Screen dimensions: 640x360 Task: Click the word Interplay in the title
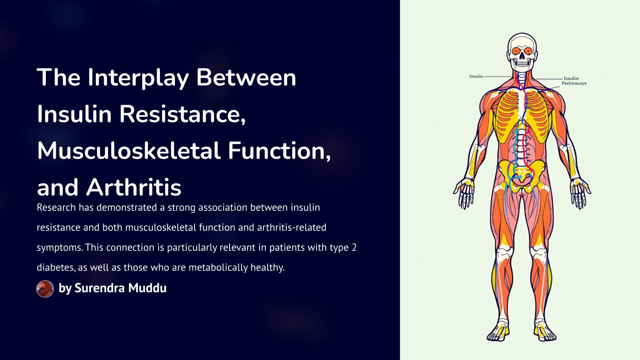[x=138, y=78]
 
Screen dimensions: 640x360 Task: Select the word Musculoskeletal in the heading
[x=129, y=150]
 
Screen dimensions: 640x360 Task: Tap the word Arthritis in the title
[x=134, y=187]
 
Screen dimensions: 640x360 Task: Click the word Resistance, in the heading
[x=182, y=114]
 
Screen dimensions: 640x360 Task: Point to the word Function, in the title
[x=279, y=151]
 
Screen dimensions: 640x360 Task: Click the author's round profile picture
[x=45, y=289]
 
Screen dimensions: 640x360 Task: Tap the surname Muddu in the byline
[x=147, y=288]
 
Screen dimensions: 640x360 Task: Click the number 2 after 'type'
[x=354, y=247]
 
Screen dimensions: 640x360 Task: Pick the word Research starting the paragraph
[x=56, y=207]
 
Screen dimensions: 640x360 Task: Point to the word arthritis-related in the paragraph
[x=292, y=227]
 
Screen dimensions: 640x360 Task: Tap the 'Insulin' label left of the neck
[x=476, y=76]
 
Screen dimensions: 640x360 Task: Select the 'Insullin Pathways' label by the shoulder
[x=574, y=81]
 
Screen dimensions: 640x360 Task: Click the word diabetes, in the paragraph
[x=56, y=268]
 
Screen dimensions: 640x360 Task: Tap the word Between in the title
[x=246, y=78]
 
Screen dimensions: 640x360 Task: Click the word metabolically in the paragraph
[x=218, y=268]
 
